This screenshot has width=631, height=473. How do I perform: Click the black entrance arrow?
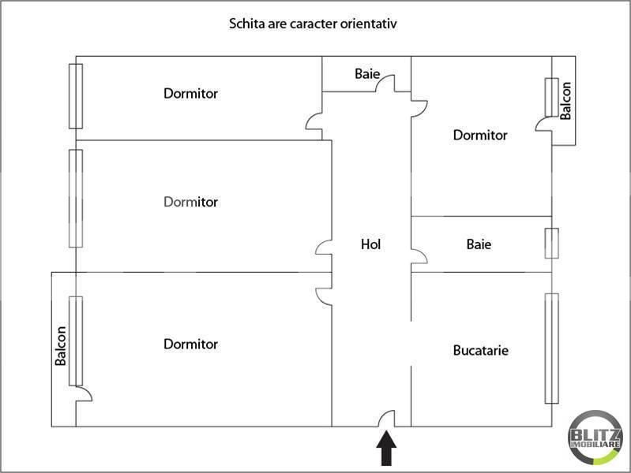click(386, 449)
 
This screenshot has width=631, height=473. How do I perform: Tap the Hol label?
click(370, 244)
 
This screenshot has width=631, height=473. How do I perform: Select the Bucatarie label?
click(480, 351)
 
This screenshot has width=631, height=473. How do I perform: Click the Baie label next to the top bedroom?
click(367, 73)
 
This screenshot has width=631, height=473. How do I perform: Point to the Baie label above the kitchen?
click(479, 244)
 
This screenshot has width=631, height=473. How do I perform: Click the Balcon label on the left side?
click(60, 346)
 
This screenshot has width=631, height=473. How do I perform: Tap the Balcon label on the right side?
click(565, 100)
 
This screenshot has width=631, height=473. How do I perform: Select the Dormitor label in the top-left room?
click(191, 94)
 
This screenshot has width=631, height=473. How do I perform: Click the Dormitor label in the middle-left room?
click(191, 202)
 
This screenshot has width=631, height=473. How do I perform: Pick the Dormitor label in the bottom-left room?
click(191, 344)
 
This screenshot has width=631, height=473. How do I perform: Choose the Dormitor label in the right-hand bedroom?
click(480, 135)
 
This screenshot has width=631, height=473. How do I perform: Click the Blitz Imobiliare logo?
click(595, 438)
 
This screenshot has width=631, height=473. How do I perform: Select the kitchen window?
click(552, 348)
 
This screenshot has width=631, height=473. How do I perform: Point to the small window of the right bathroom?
click(552, 243)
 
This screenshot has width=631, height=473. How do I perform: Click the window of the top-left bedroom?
click(76, 96)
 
